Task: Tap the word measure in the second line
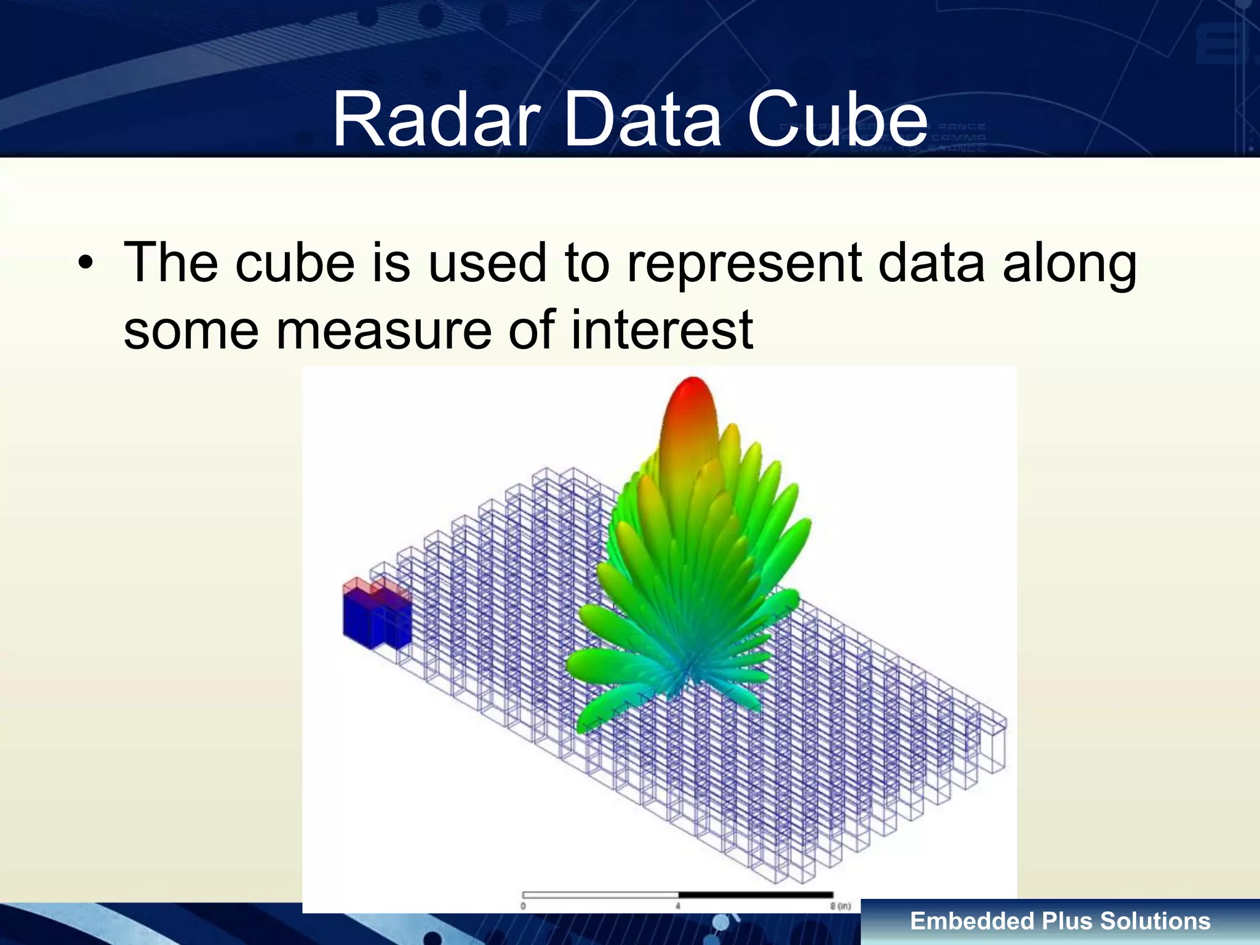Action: [383, 330]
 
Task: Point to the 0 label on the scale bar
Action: [523, 906]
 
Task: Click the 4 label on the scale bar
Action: [677, 906]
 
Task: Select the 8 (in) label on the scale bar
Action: [840, 906]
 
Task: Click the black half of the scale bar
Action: [756, 895]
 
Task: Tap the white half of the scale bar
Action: [600, 895]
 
